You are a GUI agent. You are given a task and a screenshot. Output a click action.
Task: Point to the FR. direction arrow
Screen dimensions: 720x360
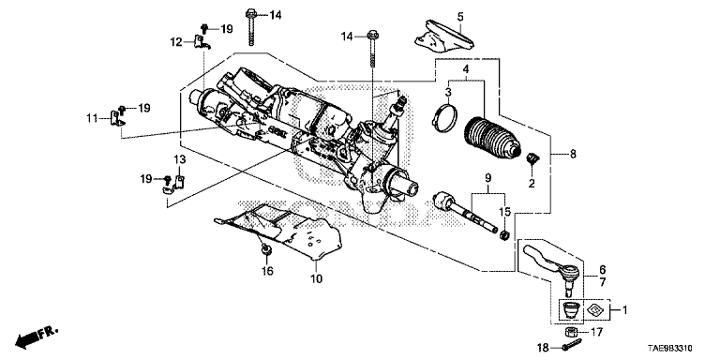pyautogui.click(x=37, y=337)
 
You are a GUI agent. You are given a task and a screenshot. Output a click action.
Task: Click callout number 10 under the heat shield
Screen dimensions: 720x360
pyautogui.click(x=317, y=278)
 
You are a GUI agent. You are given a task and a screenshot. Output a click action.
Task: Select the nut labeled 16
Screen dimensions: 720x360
pyautogui.click(x=265, y=249)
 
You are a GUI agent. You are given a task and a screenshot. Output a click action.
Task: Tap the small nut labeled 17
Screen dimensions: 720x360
pyautogui.click(x=570, y=332)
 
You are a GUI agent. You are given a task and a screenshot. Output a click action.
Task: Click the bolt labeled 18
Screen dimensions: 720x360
pyautogui.click(x=569, y=346)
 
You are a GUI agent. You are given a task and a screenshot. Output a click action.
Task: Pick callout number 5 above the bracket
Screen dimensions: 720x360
pyautogui.click(x=460, y=18)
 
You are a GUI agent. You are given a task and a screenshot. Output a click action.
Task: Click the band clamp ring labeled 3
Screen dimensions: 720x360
pyautogui.click(x=444, y=119)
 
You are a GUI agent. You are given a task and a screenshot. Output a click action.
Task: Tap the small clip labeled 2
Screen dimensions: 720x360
pyautogui.click(x=532, y=158)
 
